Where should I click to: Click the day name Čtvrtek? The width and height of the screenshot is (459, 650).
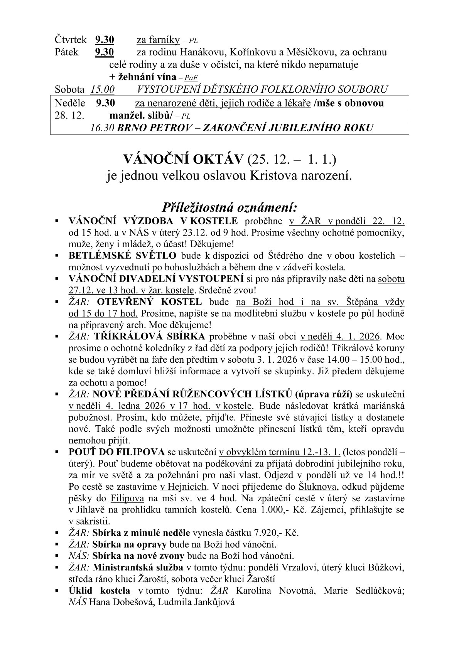tap(71, 40)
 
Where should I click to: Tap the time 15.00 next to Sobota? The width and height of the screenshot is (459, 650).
tap(103, 90)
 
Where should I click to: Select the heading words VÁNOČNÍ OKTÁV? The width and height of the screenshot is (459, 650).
tap(183, 159)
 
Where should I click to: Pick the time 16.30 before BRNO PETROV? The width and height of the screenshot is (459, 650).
tap(102, 128)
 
